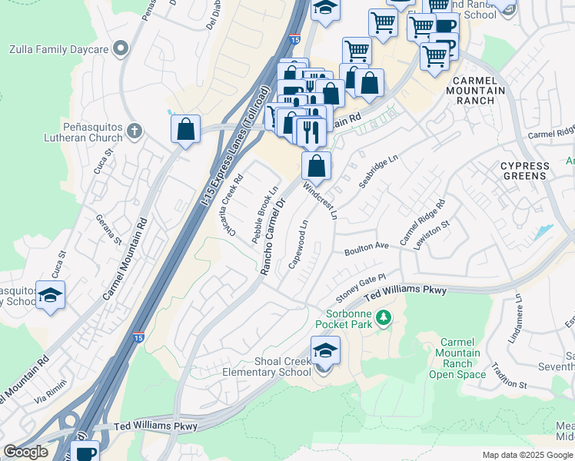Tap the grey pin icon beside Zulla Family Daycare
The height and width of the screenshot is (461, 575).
(120, 50)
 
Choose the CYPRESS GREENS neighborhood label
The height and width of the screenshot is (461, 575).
(525, 171)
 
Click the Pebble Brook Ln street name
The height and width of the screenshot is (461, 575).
(264, 216)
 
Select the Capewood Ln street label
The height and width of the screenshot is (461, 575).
(298, 244)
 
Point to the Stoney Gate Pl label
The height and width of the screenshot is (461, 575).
(360, 288)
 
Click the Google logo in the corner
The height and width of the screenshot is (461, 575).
(25, 452)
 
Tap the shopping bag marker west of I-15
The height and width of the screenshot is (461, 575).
(186, 129)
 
